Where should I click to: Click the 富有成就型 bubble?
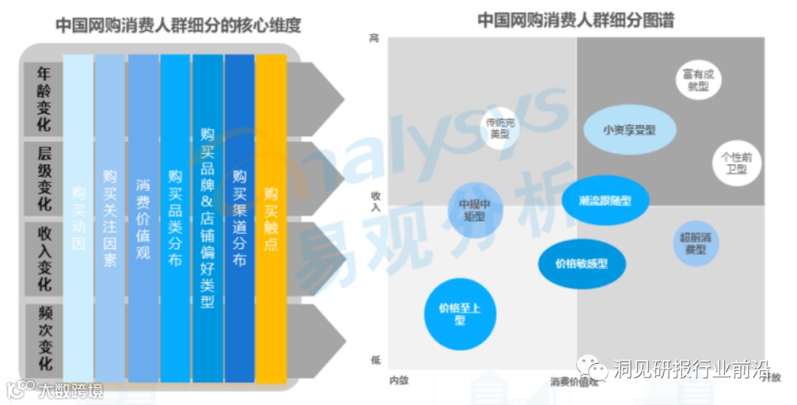698,80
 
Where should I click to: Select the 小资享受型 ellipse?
629,130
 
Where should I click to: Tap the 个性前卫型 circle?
736,163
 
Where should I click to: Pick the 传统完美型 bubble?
500,129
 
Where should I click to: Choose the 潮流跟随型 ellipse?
606,200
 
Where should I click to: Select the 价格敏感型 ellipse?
582,264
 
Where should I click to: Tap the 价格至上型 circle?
459,313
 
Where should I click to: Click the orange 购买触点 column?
271,218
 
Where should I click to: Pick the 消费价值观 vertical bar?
143,218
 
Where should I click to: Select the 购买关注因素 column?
110,218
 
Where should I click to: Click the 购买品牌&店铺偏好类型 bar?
207,218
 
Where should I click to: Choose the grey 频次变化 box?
44,338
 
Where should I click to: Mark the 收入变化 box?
44,258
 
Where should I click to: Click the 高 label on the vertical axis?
374,38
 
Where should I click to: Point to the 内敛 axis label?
398,380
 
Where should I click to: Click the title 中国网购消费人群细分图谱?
576,20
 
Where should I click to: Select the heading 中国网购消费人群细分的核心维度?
179,26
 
